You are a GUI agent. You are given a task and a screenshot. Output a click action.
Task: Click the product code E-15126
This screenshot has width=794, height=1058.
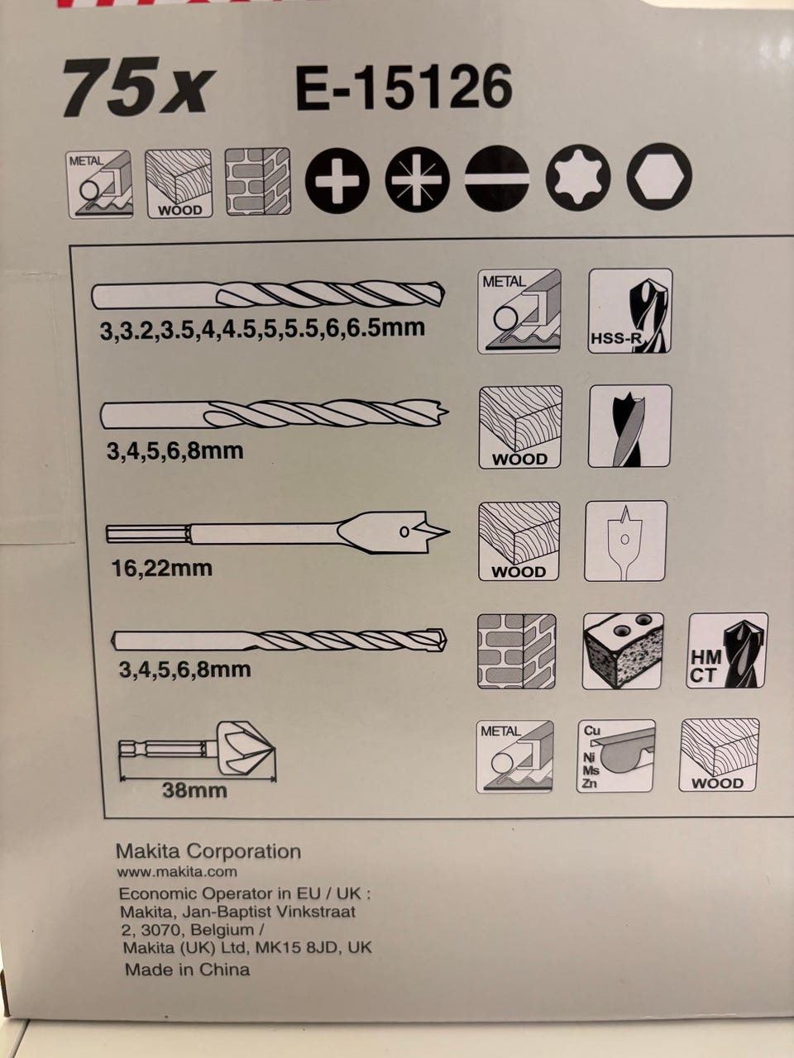404,88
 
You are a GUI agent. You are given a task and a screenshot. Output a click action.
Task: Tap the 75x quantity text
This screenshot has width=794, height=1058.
138,88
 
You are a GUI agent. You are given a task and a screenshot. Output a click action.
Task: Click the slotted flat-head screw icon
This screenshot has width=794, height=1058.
498,179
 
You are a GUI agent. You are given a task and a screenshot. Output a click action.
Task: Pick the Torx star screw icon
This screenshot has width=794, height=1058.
578,178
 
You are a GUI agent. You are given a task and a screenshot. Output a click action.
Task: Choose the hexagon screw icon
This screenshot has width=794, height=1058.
659,176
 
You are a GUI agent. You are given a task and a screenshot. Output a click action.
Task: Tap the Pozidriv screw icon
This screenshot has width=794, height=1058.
418,179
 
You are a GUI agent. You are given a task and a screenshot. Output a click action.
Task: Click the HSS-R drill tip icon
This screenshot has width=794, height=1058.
630,311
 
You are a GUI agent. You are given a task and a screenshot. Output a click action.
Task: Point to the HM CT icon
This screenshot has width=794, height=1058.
727,651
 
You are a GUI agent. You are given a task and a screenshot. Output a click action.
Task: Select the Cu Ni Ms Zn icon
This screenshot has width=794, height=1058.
615,756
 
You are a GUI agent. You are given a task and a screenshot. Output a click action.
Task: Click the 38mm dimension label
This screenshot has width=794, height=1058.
194,790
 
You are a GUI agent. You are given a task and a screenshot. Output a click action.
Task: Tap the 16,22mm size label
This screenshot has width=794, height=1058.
162,569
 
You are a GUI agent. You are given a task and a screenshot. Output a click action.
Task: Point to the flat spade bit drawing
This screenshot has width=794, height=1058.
278,532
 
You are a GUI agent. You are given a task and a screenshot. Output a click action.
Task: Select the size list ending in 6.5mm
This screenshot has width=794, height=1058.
262,329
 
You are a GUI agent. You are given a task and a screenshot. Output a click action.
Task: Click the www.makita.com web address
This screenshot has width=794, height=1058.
176,871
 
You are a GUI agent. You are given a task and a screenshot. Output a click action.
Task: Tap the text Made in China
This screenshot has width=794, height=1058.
188,970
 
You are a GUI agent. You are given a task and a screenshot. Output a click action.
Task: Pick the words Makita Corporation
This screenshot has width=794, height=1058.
208,851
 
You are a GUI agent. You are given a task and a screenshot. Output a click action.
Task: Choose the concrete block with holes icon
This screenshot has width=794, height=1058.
623,651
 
